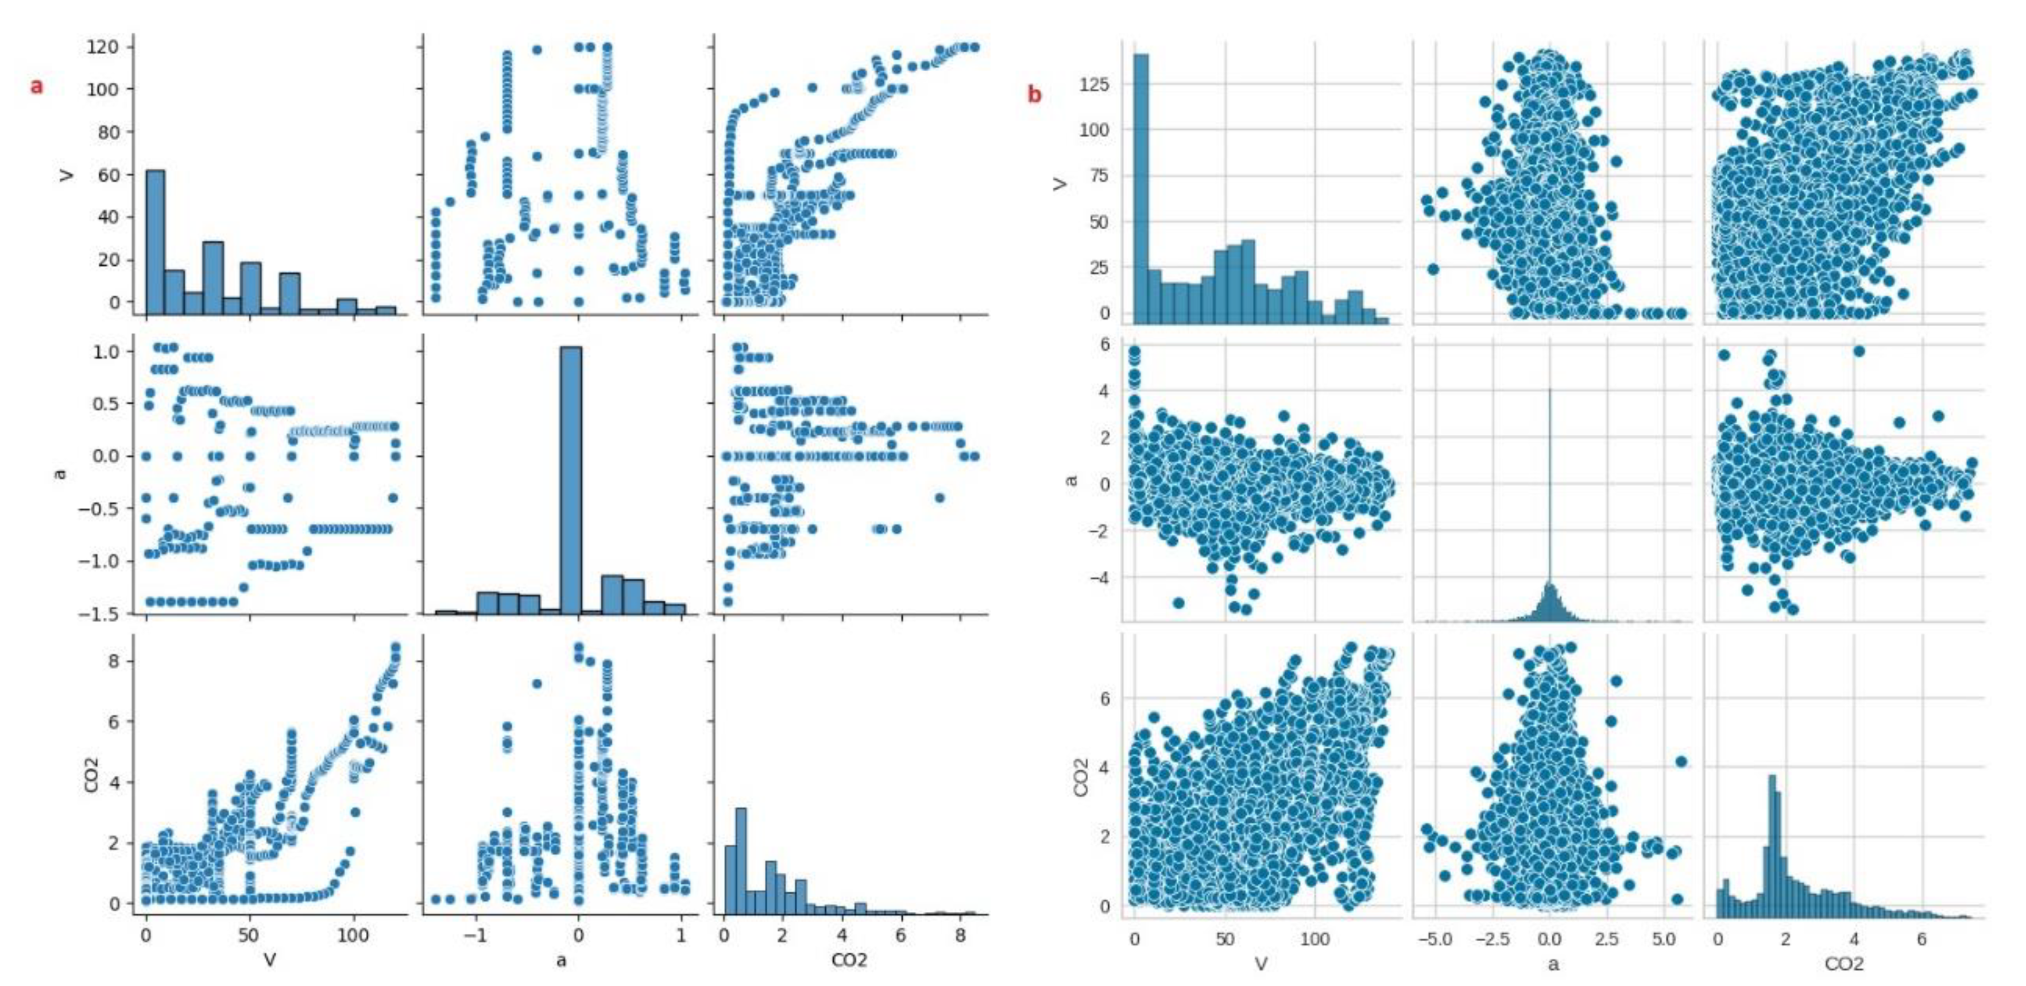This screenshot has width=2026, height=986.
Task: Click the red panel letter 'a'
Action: click(x=36, y=86)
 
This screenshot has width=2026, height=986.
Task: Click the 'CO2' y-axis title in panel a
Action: click(x=91, y=775)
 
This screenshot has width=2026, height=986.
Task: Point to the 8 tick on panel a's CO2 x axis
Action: click(x=960, y=935)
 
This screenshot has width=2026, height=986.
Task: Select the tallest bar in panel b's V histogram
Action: click(x=1140, y=189)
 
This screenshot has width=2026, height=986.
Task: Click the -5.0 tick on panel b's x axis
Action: click(x=1435, y=939)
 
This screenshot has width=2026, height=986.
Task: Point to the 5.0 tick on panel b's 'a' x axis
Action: click(x=1664, y=939)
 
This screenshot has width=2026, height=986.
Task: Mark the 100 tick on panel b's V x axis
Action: click(x=1315, y=939)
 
